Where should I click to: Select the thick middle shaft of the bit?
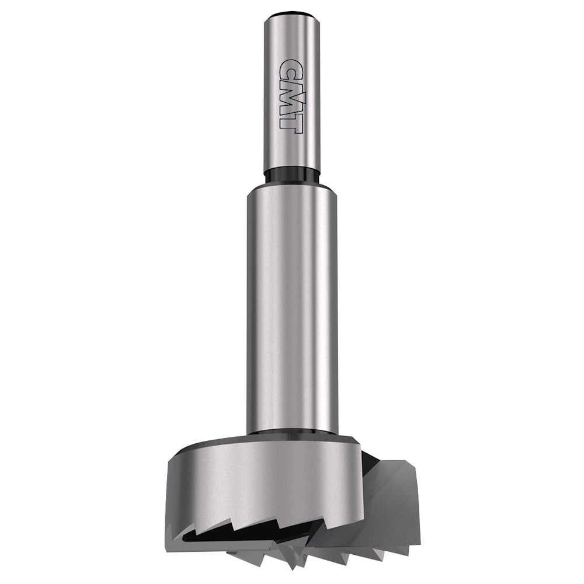click(x=292, y=310)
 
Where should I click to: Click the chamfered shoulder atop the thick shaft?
click(x=292, y=186)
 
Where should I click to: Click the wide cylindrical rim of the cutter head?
click(x=263, y=479)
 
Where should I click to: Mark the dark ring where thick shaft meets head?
click(x=292, y=433)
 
